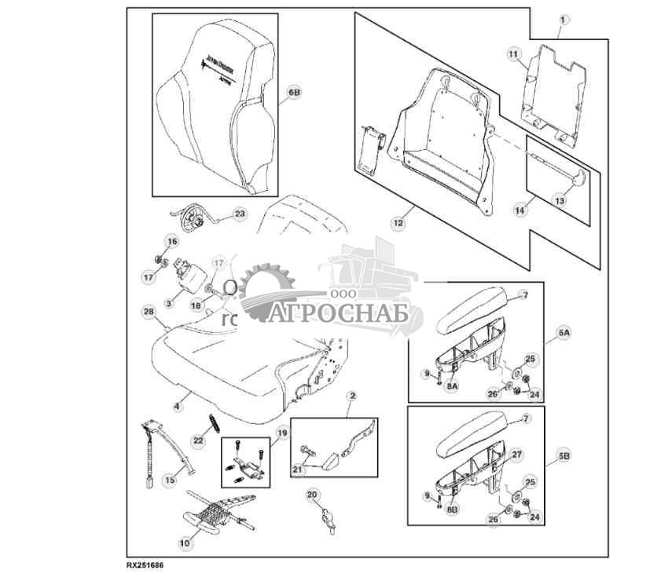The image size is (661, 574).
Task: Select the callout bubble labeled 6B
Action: [x=293, y=93]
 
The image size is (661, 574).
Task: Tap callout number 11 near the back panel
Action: [x=513, y=53]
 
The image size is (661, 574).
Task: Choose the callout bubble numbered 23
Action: [x=239, y=214]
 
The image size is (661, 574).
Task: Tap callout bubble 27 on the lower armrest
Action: [x=516, y=454]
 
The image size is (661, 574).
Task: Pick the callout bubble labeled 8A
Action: [x=450, y=386]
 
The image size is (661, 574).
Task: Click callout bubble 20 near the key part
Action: [x=312, y=495]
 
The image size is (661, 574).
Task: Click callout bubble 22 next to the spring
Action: [x=198, y=442]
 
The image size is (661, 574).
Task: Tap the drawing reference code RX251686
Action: [x=149, y=564]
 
